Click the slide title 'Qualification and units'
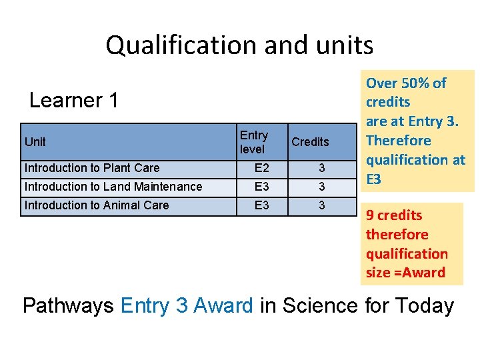pos(239,45)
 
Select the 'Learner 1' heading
pos(74,101)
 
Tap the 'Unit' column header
pos(35,141)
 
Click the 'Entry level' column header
pos(253,142)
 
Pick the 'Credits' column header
pos(310,142)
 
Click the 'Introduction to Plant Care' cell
pos(92,168)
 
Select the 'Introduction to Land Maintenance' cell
pos(113,187)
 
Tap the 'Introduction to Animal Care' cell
pos(97,205)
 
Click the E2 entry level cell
pos(262,168)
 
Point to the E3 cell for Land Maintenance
pos(262,187)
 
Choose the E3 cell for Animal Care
pos(262,205)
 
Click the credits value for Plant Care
pos(321,168)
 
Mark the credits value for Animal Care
pos(321,205)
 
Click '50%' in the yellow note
pos(413,83)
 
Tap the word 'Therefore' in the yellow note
pos(398,141)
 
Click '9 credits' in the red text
pos(393,215)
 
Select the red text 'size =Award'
pos(405,273)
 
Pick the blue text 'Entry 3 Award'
pos(187,306)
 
